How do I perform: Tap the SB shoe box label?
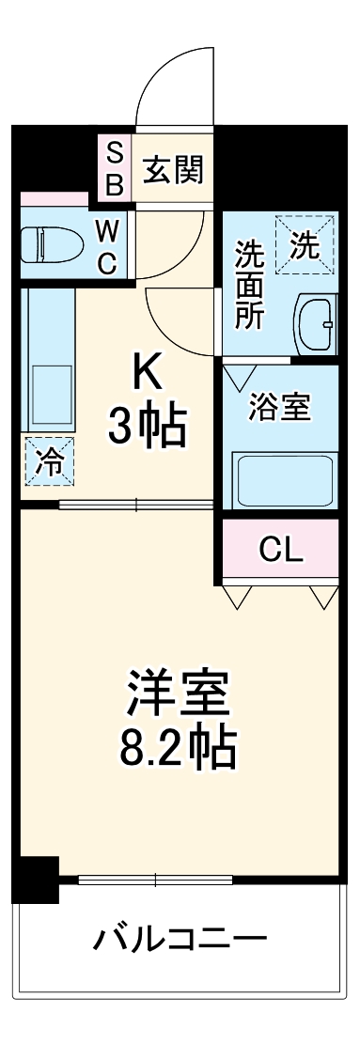coord(114,169)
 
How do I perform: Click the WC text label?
coord(109,245)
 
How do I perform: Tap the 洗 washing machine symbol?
coord(305,245)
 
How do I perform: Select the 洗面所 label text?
coord(249,285)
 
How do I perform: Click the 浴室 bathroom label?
coord(279,409)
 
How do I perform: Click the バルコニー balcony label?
coord(179,939)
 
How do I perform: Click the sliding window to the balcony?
coord(155,880)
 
